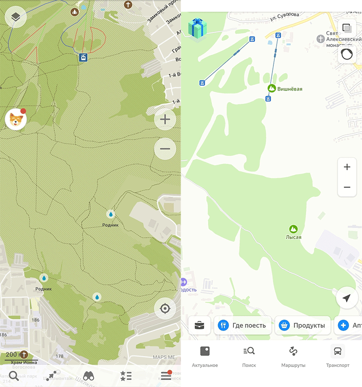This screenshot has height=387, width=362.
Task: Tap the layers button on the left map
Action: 16,18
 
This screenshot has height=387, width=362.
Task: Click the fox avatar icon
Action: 16,120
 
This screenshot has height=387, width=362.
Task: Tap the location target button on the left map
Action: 165,308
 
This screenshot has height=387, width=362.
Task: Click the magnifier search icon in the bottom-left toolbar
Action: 14,376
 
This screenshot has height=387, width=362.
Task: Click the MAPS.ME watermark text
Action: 165,357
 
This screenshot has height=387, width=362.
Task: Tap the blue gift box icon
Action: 197,28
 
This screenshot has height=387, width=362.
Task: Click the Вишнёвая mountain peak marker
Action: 272,88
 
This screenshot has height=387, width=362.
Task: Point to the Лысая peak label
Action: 293,237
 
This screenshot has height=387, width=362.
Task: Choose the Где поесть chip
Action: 242,325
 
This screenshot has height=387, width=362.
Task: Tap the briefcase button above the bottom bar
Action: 200,325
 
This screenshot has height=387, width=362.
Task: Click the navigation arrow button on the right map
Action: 347,298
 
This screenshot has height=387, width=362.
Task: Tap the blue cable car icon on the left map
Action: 83,58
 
